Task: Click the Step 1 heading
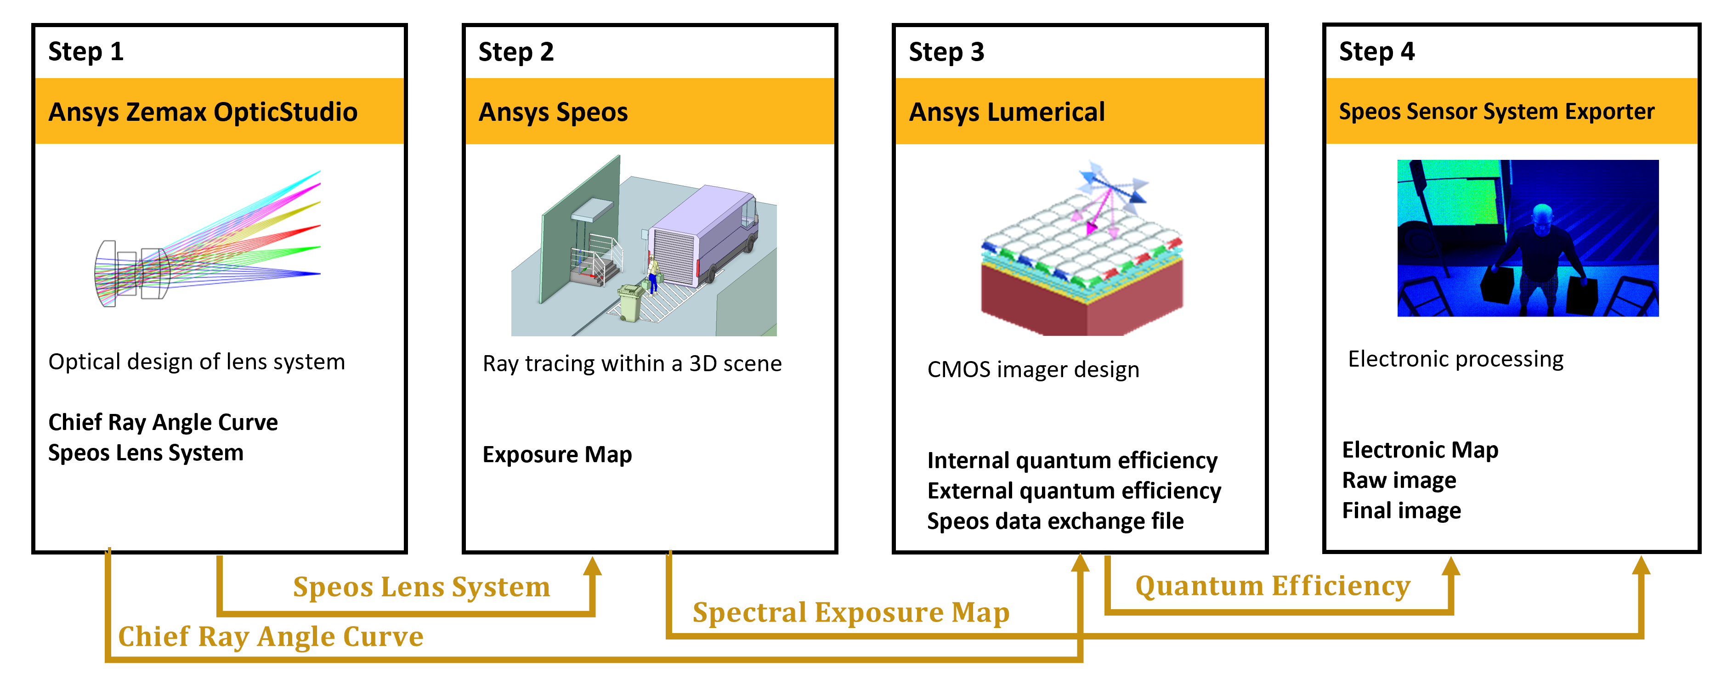86,51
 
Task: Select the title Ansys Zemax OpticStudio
203,112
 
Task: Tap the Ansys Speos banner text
553,113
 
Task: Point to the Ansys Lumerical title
1006,113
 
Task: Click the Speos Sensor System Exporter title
1496,111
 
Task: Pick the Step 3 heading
946,51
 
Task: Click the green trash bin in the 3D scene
631,303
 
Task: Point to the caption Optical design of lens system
197,362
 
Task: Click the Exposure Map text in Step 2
557,454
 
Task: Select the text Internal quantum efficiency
1072,460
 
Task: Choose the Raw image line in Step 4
1399,480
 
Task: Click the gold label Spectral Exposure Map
851,612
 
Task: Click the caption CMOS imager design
1033,369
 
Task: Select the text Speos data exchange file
1055,521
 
